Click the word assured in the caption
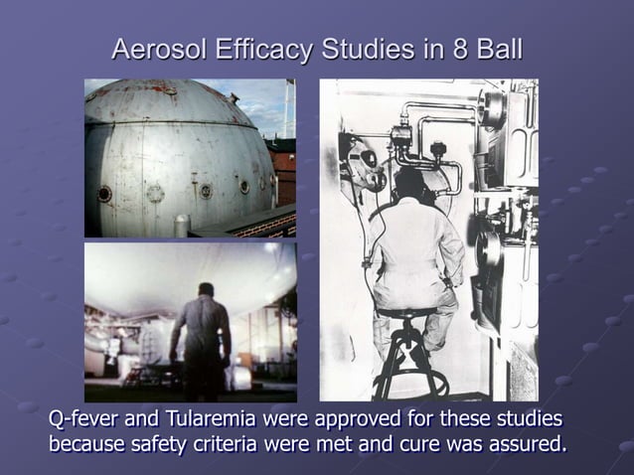(x=525, y=443)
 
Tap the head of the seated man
(x=409, y=185)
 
